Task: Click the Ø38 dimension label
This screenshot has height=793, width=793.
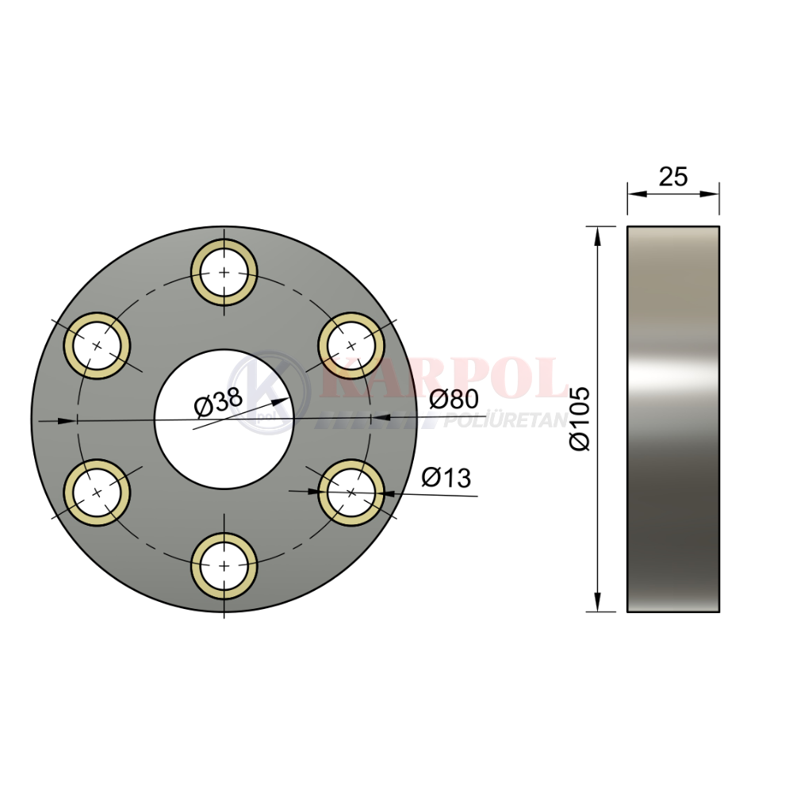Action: click(x=219, y=403)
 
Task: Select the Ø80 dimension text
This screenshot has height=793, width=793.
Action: click(x=454, y=399)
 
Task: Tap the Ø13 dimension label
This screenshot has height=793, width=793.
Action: click(x=446, y=477)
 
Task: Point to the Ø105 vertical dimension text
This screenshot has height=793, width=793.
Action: click(x=580, y=419)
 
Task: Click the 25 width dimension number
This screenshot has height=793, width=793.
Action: click(x=673, y=177)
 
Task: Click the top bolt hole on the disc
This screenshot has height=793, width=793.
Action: click(x=224, y=273)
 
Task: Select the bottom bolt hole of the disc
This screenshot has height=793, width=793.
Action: click(x=224, y=565)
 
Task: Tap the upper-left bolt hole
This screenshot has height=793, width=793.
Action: click(x=97, y=346)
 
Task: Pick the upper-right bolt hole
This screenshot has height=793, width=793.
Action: click(x=351, y=346)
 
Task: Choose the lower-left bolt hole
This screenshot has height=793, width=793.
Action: click(x=97, y=492)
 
